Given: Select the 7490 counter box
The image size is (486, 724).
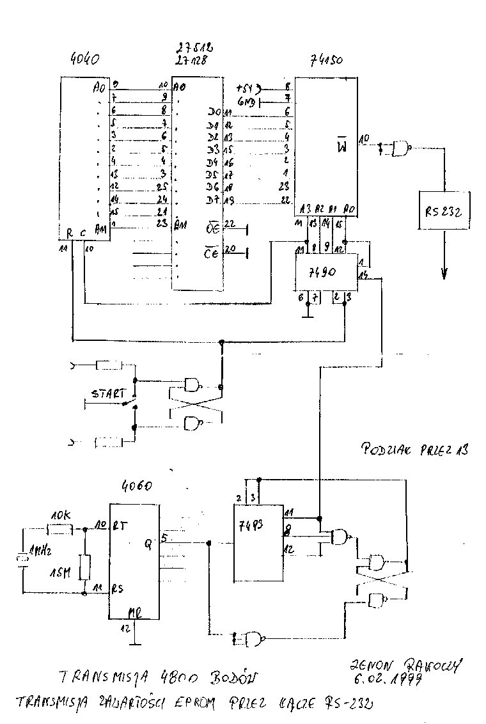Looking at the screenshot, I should pyautogui.click(x=325, y=271).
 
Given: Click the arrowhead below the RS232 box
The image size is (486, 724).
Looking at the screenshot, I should pyautogui.click(x=444, y=273).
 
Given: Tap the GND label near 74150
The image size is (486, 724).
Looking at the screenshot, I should pyautogui.click(x=246, y=100).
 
